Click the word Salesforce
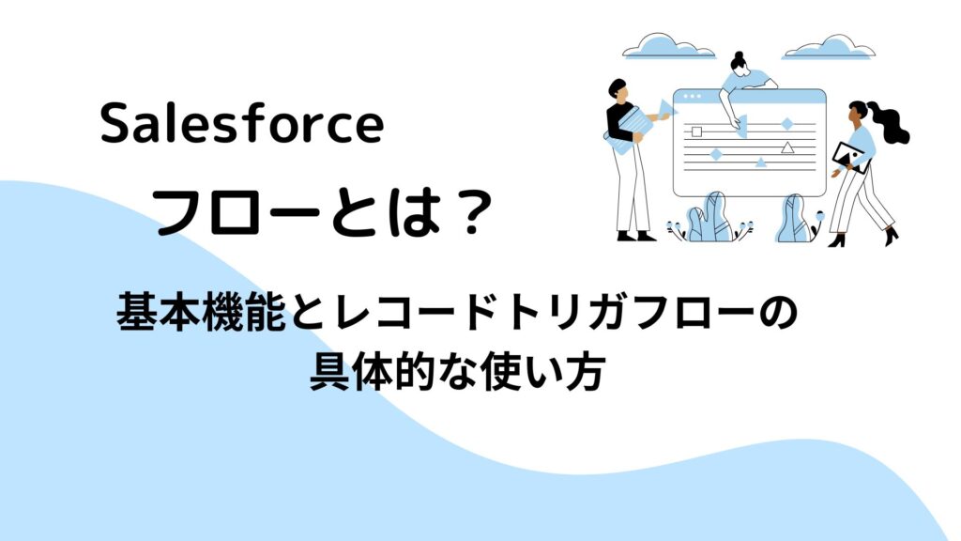[242, 123]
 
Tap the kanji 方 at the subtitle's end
[586, 371]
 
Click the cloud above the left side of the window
[668, 47]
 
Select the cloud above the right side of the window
[830, 47]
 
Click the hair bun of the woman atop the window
[738, 55]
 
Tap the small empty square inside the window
[696, 131]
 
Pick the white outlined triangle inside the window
[787, 147]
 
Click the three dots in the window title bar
[692, 97]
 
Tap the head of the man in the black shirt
[618, 89]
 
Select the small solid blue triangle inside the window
[760, 162]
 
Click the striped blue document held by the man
[629, 130]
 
